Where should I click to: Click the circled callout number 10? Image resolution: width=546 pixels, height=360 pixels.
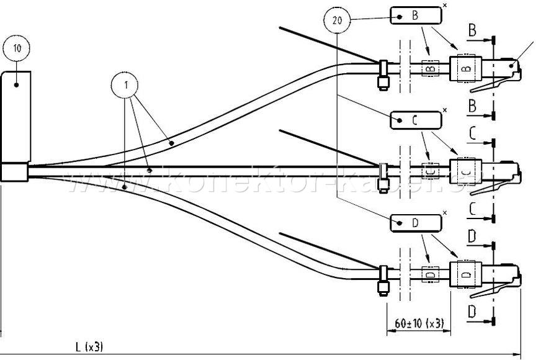tap(16, 48)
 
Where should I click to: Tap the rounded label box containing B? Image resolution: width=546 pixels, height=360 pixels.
tap(415, 16)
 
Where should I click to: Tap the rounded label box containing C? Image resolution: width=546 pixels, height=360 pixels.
tap(415, 120)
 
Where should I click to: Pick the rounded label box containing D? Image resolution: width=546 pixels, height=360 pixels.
tap(415, 222)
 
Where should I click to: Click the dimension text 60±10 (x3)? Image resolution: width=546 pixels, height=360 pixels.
tap(419, 323)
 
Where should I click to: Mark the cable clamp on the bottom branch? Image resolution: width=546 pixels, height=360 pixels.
tap(383, 279)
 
